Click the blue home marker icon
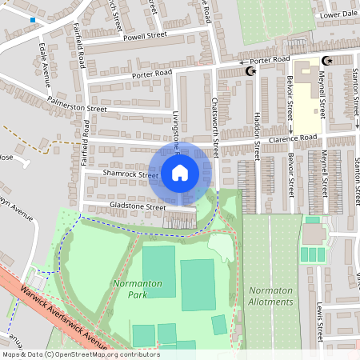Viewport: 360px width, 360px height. pos(180,173)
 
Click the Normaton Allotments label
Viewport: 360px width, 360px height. pos(271,296)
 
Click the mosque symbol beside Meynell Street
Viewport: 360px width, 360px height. pos(326,61)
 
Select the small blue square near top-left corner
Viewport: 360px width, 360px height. pos(32,19)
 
